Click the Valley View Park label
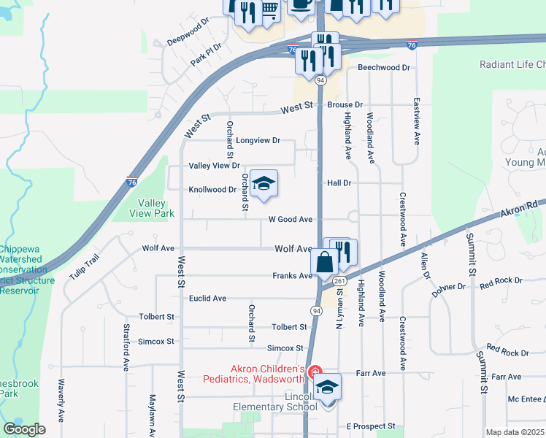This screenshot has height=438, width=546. coord(152,208)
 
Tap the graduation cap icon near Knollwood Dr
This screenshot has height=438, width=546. coord(264,184)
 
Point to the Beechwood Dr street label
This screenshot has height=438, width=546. coord(384,68)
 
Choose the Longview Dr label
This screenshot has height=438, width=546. coord(259,140)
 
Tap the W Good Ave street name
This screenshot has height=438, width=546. coord(291,219)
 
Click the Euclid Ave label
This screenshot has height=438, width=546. coord(208,299)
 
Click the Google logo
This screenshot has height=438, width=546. coord(24,429)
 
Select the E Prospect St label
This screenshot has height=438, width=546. coord(371,426)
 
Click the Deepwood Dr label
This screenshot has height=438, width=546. coord(188,31)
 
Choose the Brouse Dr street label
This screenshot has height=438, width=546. coord(345,105)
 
